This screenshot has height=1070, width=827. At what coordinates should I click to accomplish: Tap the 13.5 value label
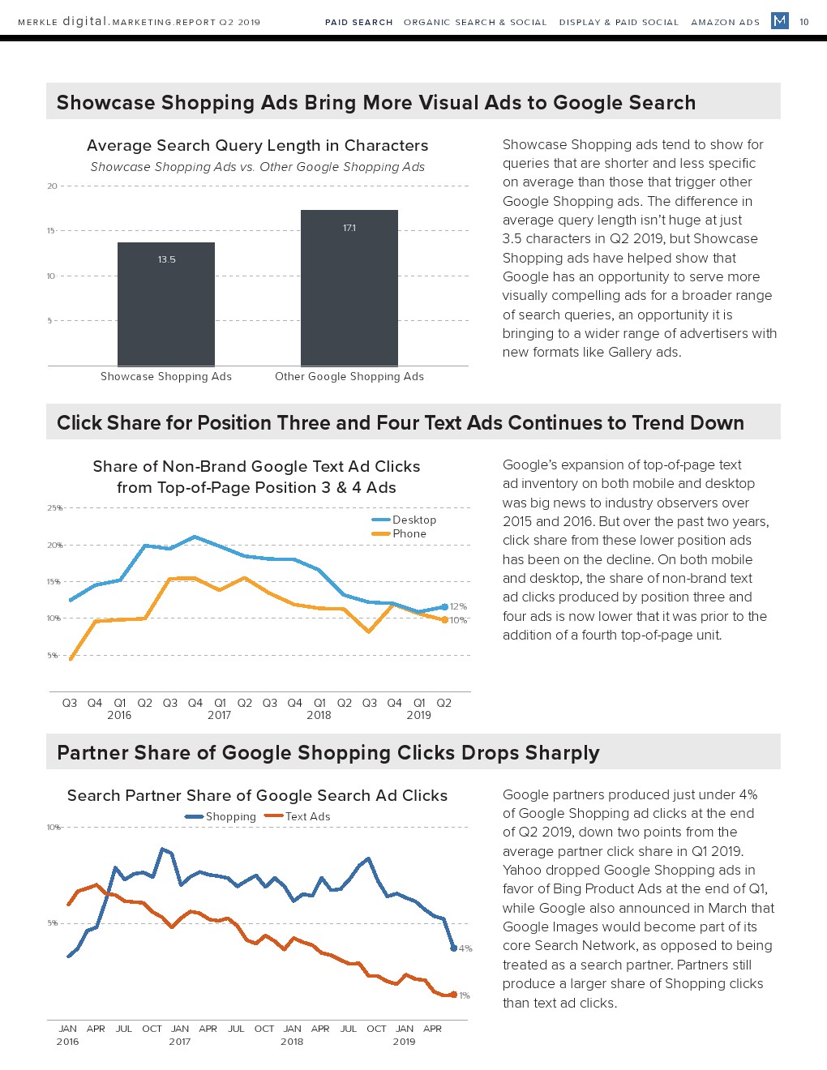(167, 259)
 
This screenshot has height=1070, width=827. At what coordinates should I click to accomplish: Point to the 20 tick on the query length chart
(53, 186)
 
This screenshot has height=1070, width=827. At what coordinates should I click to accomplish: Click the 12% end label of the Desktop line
(458, 606)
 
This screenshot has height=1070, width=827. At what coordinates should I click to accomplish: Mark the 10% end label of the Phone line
(459, 620)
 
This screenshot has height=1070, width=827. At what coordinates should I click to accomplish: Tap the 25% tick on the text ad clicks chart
(54, 508)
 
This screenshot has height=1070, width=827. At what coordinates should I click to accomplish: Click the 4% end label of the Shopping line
(465, 948)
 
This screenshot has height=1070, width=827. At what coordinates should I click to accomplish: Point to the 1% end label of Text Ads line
(465, 995)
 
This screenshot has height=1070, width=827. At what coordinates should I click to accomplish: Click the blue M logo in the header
(780, 20)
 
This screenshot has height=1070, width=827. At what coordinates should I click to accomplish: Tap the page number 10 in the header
(804, 22)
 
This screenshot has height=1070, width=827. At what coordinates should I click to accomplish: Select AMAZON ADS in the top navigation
(726, 22)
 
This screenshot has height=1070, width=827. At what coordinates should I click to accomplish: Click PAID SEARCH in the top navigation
(359, 22)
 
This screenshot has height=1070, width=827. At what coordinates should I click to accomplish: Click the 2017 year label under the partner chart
(180, 1042)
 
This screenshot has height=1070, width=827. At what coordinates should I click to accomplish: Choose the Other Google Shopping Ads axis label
(349, 376)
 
